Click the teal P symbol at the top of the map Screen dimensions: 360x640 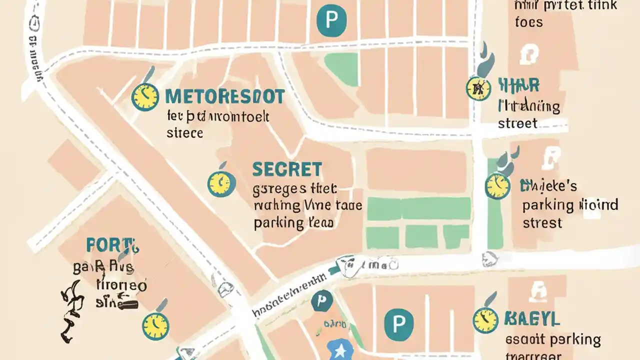click(331, 20)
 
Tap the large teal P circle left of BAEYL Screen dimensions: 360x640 click(398, 323)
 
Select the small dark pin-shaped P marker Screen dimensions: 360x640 click(321, 301)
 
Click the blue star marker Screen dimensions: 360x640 click(340, 348)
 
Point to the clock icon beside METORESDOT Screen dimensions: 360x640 click(145, 96)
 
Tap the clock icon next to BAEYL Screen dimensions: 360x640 click(485, 320)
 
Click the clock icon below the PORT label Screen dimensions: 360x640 click(155, 326)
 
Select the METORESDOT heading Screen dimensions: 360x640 click(224, 96)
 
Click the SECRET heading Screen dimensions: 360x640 click(287, 169)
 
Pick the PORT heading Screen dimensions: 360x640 click(112, 245)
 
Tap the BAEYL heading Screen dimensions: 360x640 click(531, 318)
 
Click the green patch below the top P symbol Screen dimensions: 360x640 click(341, 69)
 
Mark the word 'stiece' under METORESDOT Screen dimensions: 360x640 click(184, 133)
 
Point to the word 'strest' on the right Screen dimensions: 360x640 click(542, 222)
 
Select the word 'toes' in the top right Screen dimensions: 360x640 click(528, 22)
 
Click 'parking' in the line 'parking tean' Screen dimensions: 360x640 click(278, 222)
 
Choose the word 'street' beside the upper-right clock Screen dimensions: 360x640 click(517, 123)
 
